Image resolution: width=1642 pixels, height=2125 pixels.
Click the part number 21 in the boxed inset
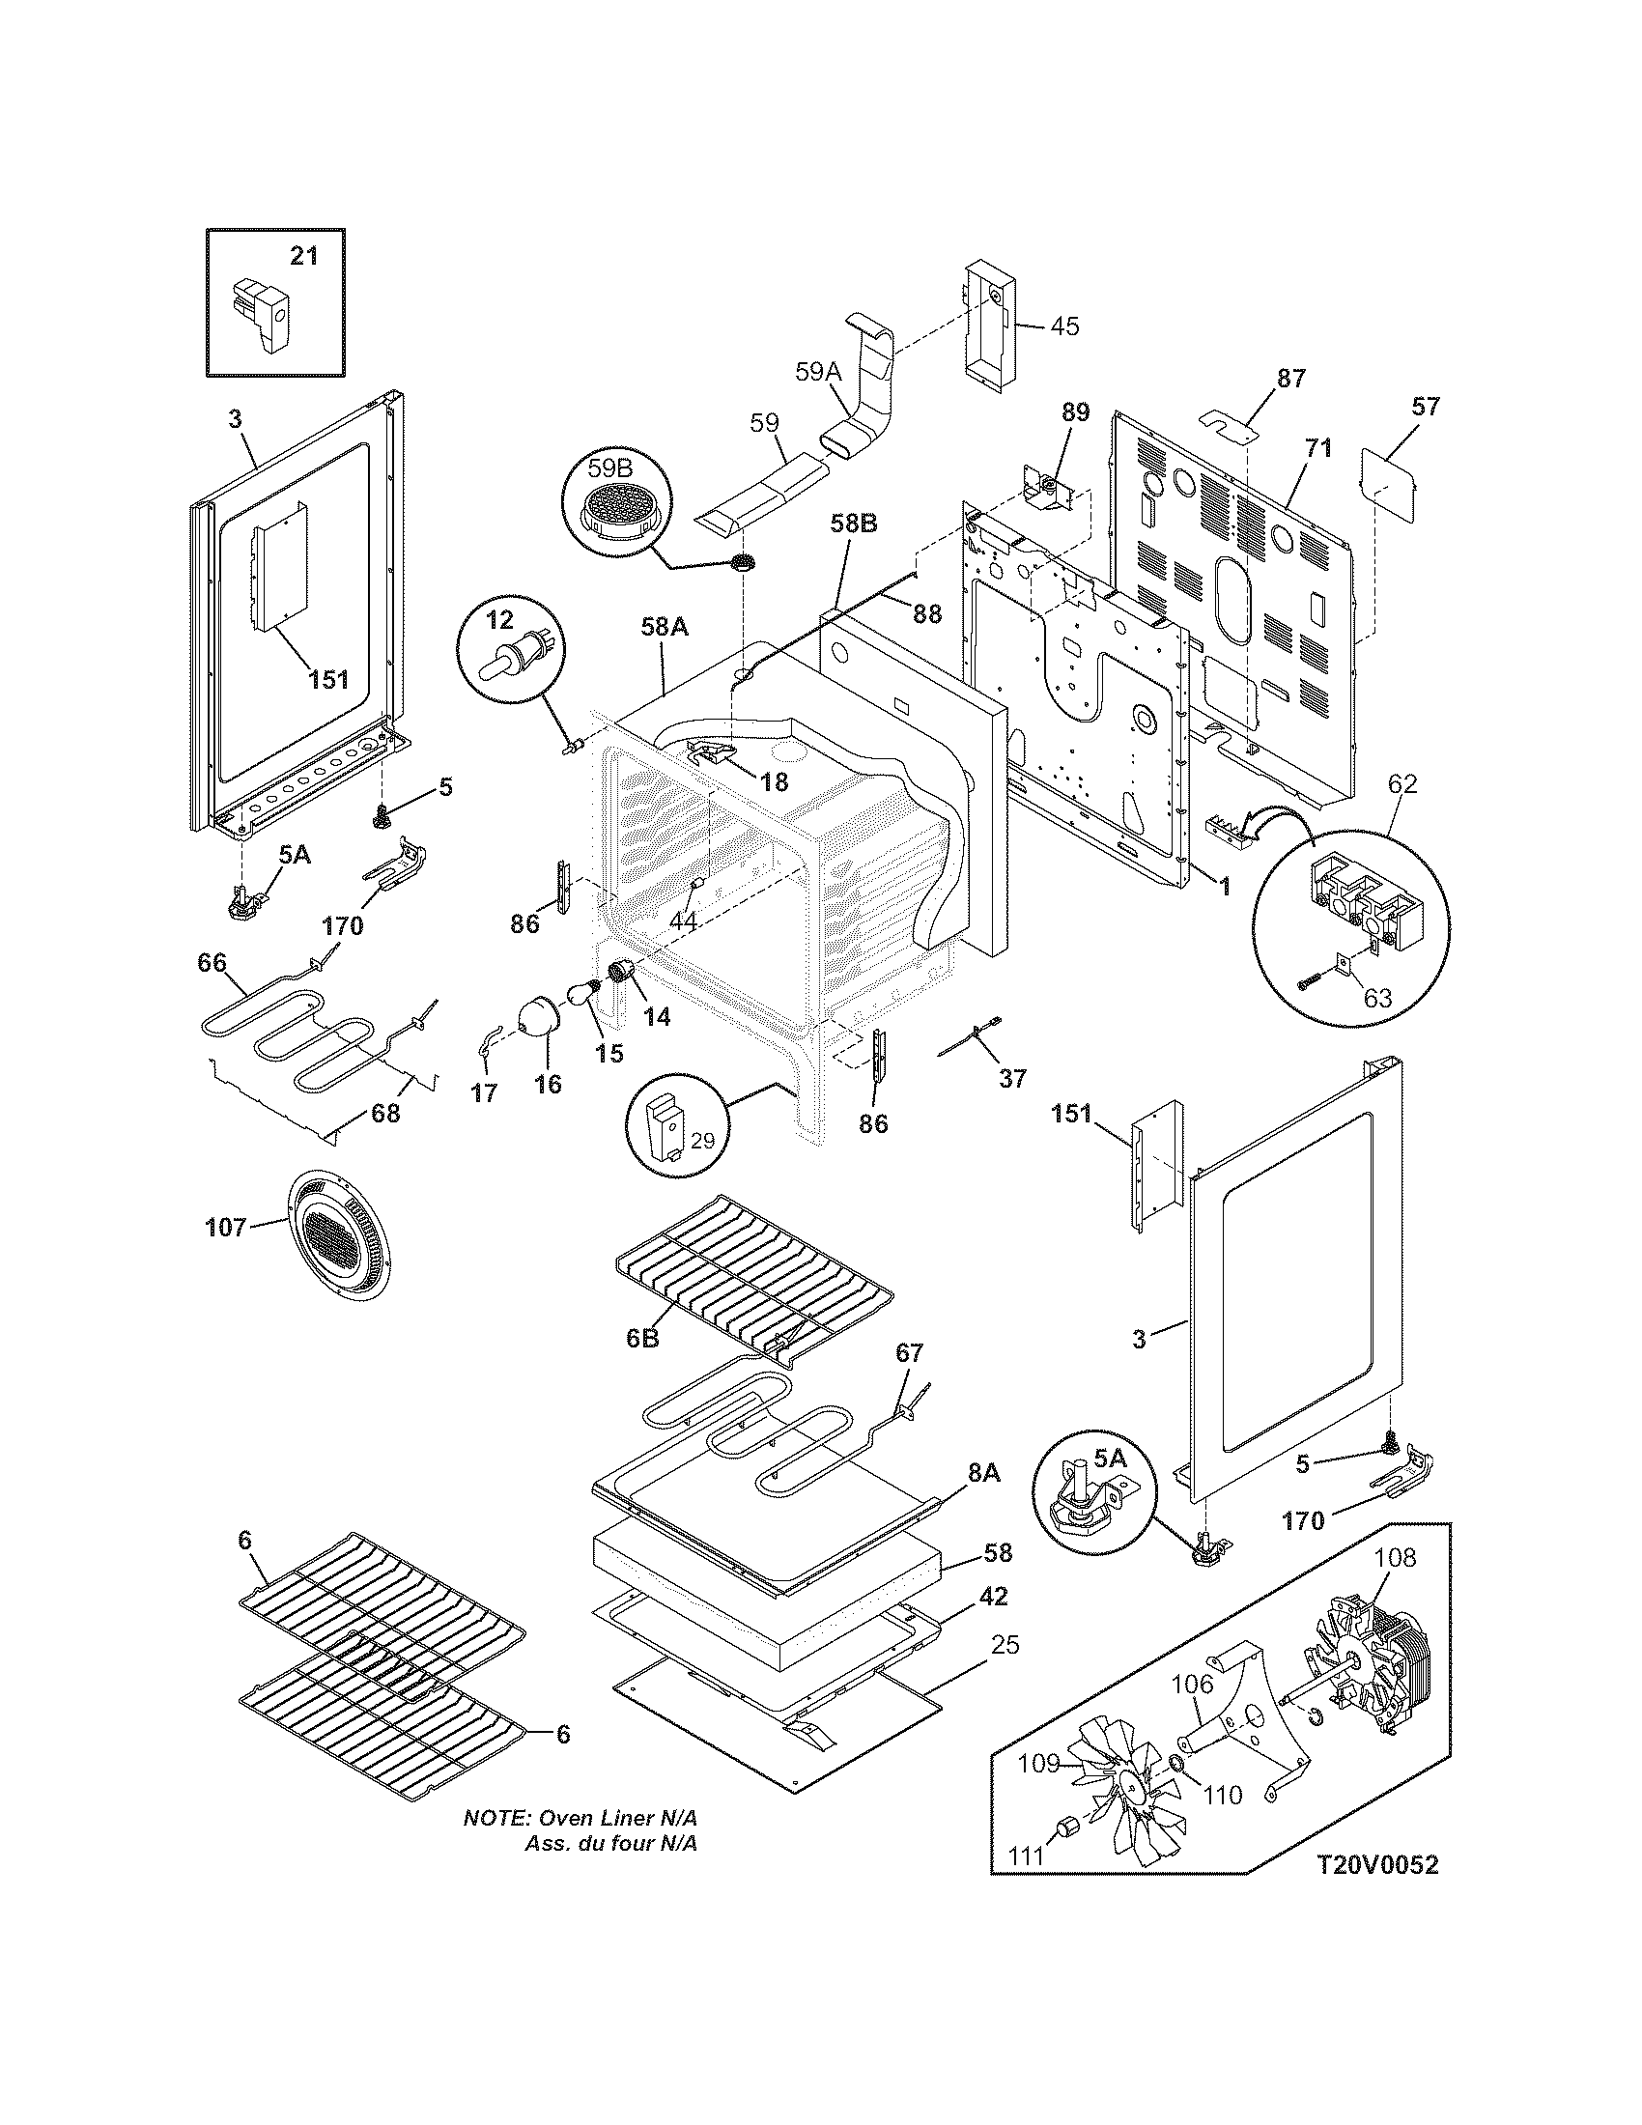click(303, 256)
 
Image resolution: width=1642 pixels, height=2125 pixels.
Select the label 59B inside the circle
click(609, 468)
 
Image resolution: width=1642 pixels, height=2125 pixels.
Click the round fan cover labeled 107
click(338, 1234)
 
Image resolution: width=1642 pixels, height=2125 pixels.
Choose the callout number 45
click(1065, 326)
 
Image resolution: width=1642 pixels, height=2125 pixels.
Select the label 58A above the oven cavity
click(665, 628)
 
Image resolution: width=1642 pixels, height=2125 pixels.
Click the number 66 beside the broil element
click(212, 962)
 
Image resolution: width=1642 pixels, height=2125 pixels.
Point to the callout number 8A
click(983, 1474)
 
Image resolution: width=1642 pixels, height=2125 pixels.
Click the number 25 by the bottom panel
click(1005, 1644)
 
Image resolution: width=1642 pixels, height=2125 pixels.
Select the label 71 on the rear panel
click(1318, 448)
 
